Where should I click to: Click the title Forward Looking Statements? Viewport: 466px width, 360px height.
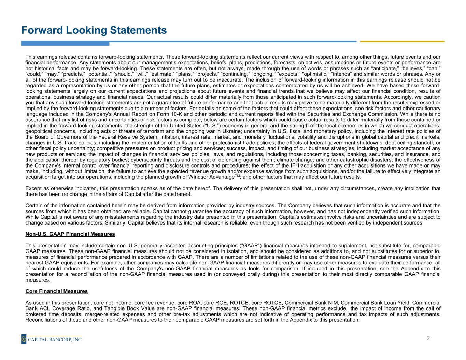94,30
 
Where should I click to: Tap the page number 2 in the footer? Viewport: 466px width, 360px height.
428,338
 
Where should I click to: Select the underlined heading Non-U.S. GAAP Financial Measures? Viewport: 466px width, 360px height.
70,234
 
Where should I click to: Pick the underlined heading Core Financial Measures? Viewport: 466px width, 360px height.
57,291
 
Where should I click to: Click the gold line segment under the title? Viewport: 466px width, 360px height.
402,41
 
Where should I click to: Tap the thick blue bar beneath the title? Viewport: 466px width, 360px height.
65,43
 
